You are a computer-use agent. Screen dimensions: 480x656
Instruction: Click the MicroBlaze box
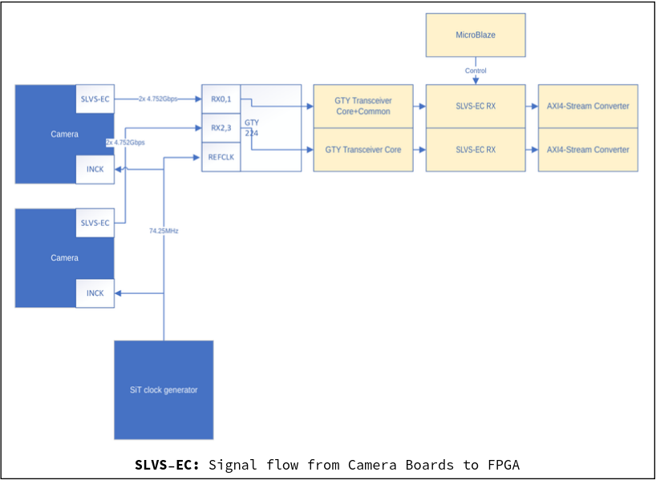(x=476, y=35)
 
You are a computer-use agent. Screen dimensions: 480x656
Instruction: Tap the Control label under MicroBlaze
(x=476, y=71)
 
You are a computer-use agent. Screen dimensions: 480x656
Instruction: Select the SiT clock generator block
(x=164, y=390)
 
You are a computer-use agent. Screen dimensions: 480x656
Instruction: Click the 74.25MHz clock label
(x=164, y=231)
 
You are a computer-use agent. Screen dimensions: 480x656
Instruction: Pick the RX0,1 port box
(x=221, y=99)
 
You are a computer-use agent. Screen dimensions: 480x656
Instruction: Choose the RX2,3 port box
(x=221, y=127)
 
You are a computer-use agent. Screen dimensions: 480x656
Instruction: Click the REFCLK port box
(x=221, y=157)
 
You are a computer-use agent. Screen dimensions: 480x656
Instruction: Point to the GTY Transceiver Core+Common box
(x=362, y=106)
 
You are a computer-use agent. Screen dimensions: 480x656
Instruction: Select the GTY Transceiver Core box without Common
(x=362, y=150)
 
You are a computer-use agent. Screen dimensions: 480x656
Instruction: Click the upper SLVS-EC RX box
(x=476, y=106)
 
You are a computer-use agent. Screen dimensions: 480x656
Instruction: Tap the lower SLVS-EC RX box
(x=476, y=150)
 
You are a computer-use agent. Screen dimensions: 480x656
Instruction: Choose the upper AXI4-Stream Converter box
(x=588, y=106)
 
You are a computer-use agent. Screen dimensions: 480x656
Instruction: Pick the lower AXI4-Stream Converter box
(x=588, y=150)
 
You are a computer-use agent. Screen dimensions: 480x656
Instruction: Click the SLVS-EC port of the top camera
(x=95, y=99)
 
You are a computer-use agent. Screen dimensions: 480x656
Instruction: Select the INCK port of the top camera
(x=95, y=169)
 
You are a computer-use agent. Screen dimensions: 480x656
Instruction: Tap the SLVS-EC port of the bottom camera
(x=95, y=223)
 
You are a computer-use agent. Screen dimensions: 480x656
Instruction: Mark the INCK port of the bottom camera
(x=95, y=293)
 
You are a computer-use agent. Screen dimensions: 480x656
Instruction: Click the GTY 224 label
(x=252, y=127)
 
